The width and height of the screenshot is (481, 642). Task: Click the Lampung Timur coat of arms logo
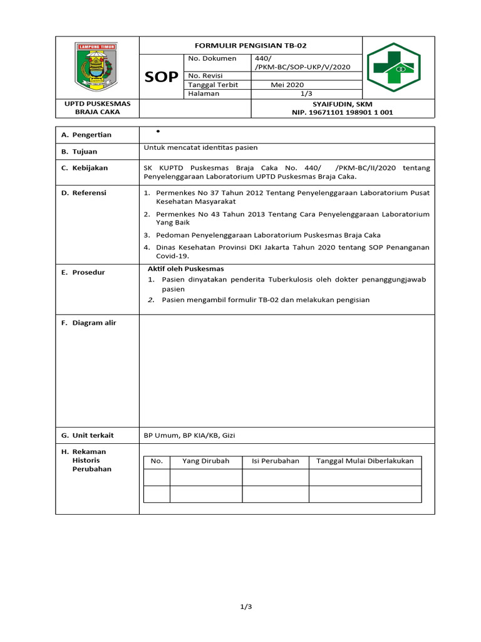96,66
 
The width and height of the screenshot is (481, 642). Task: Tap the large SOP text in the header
161,77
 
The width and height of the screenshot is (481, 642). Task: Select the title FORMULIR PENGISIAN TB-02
250,46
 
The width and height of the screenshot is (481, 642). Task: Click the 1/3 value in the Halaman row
306,93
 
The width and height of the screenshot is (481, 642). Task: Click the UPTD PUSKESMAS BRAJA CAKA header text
96,108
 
